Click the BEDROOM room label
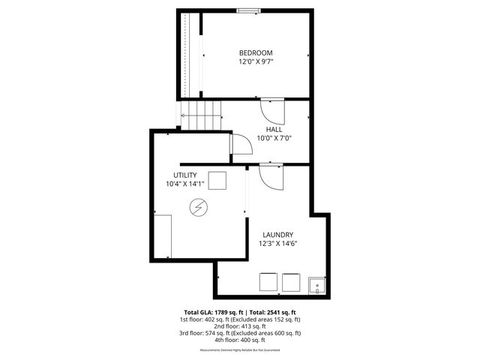[256, 52]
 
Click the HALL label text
[274, 129]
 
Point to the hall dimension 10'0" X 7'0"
[274, 138]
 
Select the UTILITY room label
[185, 175]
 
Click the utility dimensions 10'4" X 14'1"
[185, 184]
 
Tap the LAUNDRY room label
[277, 234]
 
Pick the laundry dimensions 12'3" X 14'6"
[277, 243]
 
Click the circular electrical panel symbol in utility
[199, 207]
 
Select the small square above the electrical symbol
[217, 181]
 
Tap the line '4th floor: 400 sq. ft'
[239, 340]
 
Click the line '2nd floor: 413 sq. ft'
[239, 325]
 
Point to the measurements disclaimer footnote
[239, 350]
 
